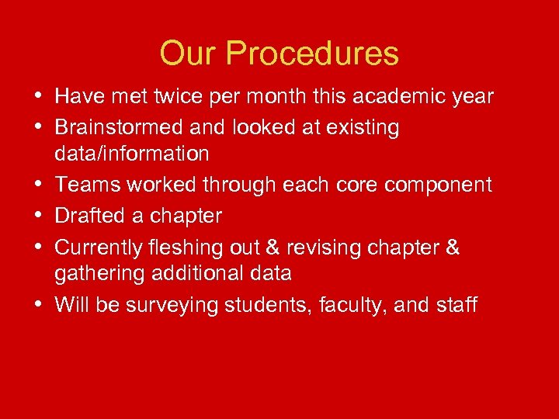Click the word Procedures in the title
coord(314,54)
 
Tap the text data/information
coord(132,154)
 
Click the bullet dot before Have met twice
coord(39,97)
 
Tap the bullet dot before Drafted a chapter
coord(39,216)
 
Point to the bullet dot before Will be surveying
coord(39,305)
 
